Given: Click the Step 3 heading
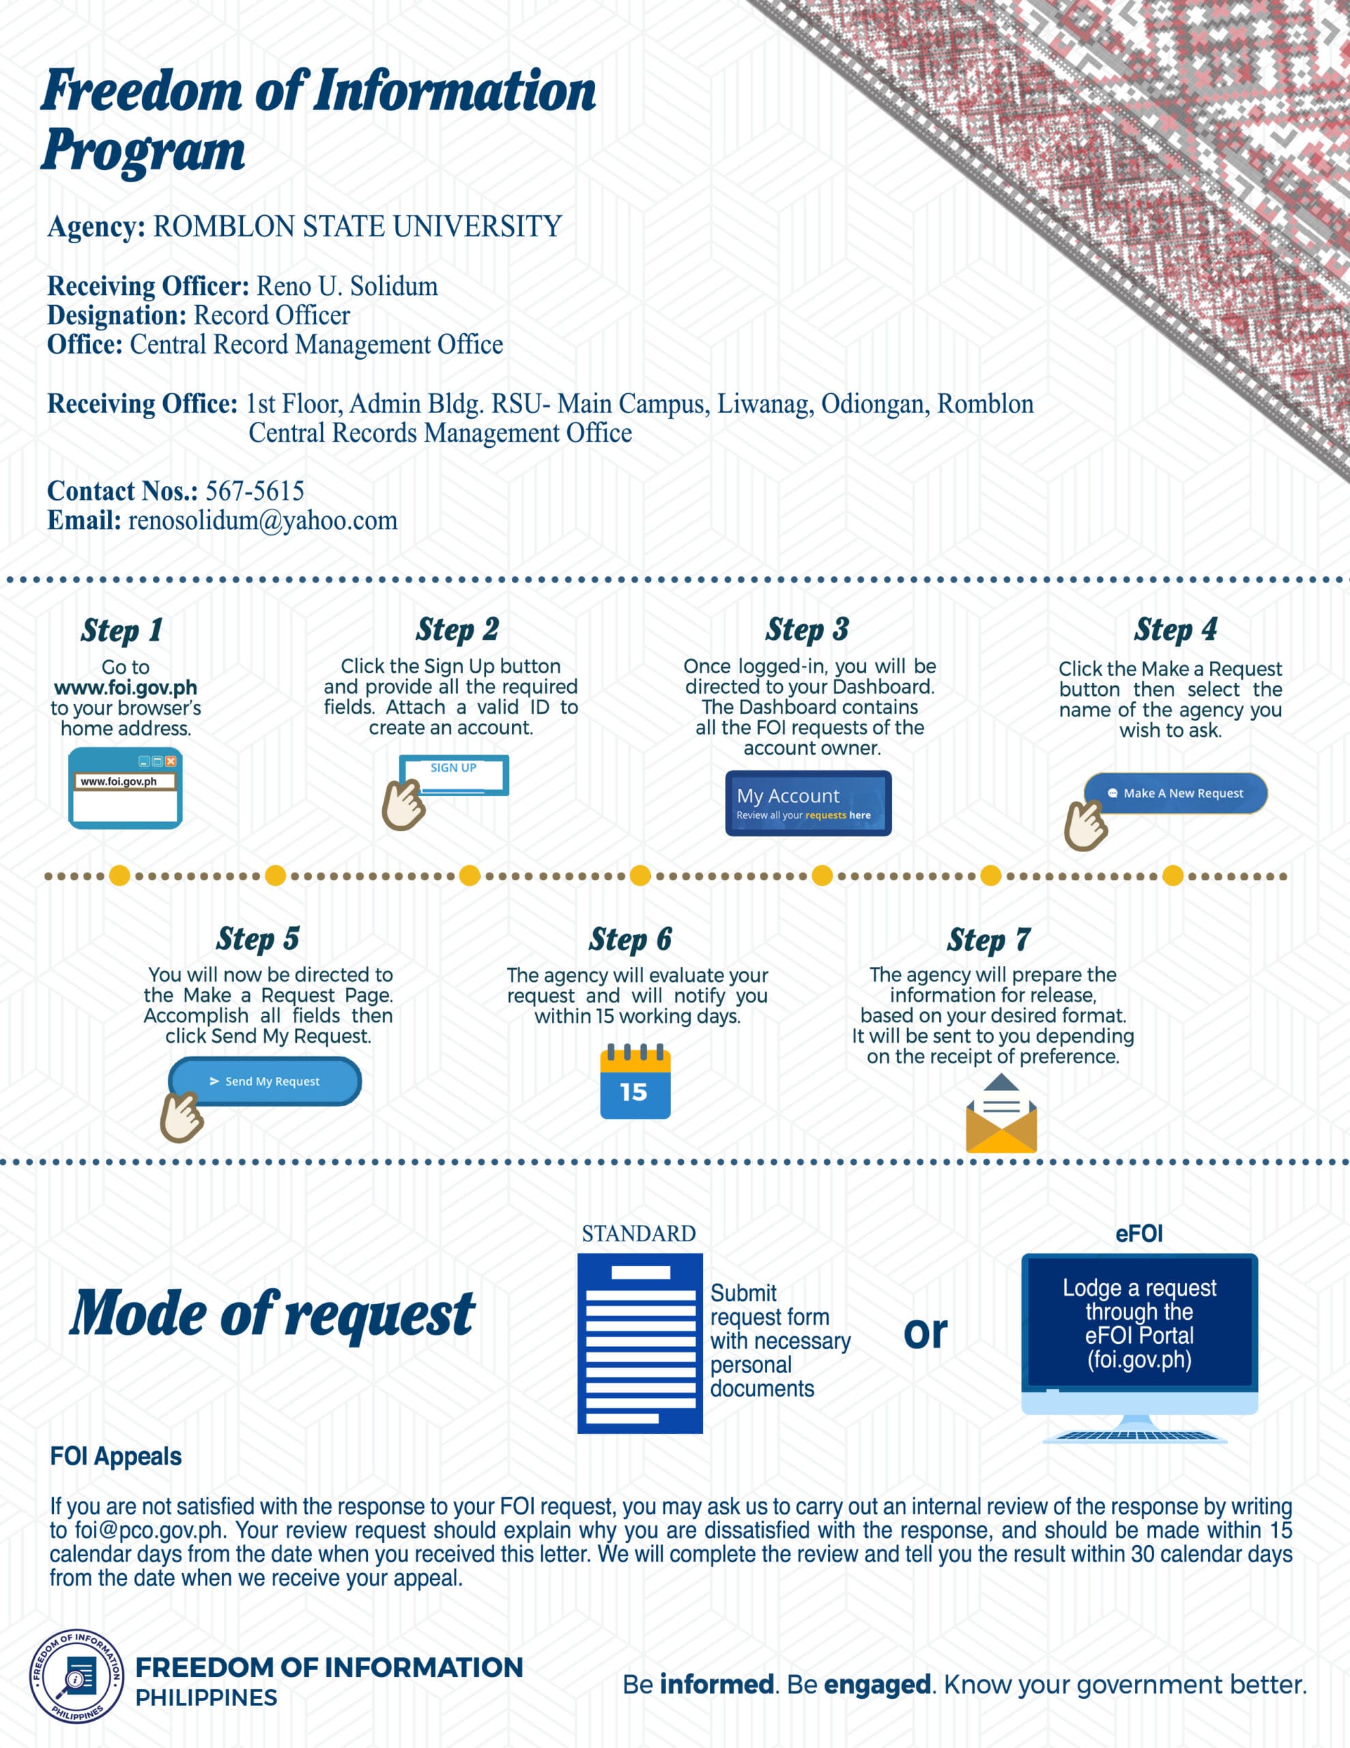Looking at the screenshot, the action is [x=807, y=630].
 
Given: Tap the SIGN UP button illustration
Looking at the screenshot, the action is [x=454, y=775].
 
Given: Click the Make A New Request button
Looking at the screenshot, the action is [x=1175, y=793].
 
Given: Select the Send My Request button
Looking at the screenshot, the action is [x=265, y=1082].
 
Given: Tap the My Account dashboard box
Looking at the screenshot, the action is [x=808, y=804].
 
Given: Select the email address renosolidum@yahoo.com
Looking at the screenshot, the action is [x=263, y=521].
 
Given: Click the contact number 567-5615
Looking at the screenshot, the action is [x=255, y=491].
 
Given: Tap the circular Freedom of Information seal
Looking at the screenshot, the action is [x=77, y=1677].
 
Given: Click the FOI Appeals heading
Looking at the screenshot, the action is [x=116, y=1456].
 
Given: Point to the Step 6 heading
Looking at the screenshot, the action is [x=631, y=940].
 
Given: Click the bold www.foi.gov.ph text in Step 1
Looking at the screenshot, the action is [x=126, y=688].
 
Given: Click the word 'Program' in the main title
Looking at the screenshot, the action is [x=144, y=150].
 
